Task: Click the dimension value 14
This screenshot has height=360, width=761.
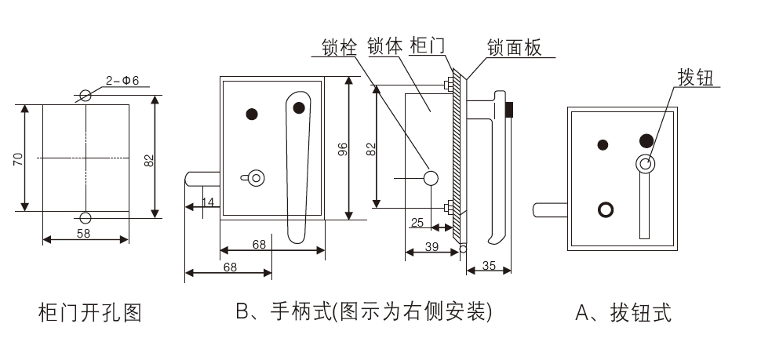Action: (x=207, y=202)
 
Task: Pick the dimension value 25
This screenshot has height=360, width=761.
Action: (x=417, y=223)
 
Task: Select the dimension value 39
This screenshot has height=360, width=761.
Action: (x=431, y=246)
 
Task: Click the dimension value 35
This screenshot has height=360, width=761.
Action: (x=488, y=265)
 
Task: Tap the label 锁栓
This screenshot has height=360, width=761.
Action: (x=340, y=48)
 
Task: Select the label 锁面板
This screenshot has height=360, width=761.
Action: (x=514, y=48)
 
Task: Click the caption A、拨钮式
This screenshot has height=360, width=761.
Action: (x=624, y=314)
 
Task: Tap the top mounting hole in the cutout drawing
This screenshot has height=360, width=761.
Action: (x=86, y=96)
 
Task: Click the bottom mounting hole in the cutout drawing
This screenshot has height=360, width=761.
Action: (x=86, y=217)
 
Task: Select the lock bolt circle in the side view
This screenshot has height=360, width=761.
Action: (x=430, y=178)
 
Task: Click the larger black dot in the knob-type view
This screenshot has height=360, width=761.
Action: (x=646, y=140)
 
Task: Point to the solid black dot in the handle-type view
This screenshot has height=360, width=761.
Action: (x=252, y=114)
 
